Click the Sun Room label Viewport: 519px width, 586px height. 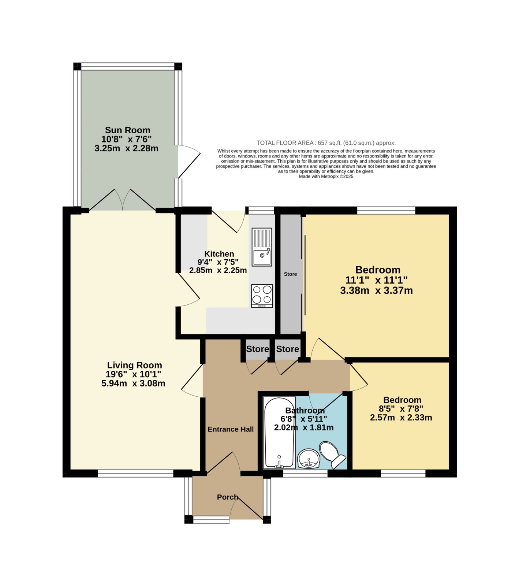click(127, 130)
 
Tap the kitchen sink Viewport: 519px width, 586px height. click(262, 247)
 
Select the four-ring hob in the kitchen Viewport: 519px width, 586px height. click(262, 296)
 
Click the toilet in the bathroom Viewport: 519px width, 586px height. click(332, 455)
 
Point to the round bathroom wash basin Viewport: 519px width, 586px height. click(309, 459)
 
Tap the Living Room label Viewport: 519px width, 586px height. click(134, 365)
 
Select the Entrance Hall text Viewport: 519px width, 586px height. click(231, 429)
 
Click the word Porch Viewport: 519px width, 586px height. click(228, 497)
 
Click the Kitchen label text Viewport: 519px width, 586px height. click(219, 254)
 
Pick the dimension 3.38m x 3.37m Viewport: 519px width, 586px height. click(377, 291)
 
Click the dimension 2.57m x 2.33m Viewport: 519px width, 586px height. click(401, 418)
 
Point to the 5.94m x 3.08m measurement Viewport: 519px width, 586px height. click(133, 383)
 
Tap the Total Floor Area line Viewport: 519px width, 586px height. click(326, 143)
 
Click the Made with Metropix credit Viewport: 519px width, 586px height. click(326, 176)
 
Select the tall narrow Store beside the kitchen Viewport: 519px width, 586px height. click(291, 274)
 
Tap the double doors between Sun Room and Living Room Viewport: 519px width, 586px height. click(123, 200)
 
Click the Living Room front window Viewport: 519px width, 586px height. click(135, 474)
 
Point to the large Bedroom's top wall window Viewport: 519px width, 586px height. click(386, 210)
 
